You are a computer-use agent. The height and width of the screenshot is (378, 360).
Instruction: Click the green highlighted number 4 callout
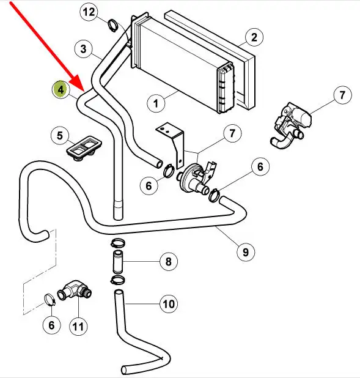pyautogui.click(x=61, y=89)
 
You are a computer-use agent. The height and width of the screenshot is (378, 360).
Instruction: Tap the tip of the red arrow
pyautogui.click(x=84, y=92)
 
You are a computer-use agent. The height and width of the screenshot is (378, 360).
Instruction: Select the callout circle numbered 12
pyautogui.click(x=89, y=12)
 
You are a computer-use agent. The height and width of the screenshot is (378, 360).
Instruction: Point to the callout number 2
pyautogui.click(x=254, y=37)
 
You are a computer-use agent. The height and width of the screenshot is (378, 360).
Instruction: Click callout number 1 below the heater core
pyautogui.click(x=156, y=103)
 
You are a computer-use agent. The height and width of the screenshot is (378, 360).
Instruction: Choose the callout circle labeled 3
pyautogui.click(x=83, y=49)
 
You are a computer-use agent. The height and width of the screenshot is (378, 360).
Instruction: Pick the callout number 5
pyautogui.click(x=60, y=135)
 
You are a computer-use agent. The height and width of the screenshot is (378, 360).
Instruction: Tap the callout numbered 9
pyautogui.click(x=245, y=252)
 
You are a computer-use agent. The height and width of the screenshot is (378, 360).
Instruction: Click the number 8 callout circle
pyautogui.click(x=169, y=261)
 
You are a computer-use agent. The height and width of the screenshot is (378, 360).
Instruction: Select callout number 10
pyautogui.click(x=169, y=304)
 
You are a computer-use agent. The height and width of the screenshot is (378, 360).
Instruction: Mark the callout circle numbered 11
pyautogui.click(x=78, y=327)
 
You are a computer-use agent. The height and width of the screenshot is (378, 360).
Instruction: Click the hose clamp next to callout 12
pyautogui.click(x=112, y=25)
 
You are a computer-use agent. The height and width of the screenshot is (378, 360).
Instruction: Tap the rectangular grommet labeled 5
pyautogui.click(x=84, y=147)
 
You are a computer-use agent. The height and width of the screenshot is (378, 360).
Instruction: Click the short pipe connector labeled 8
pyautogui.click(x=117, y=262)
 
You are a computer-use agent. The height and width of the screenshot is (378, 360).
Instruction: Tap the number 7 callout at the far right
pyautogui.click(x=342, y=95)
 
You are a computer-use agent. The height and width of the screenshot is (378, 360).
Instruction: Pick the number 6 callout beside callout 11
pyautogui.click(x=51, y=325)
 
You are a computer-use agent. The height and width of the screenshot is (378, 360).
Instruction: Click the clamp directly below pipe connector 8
pyautogui.click(x=117, y=280)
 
